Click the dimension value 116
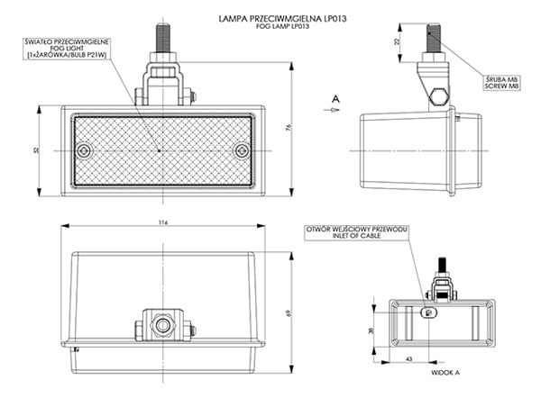point(162,222)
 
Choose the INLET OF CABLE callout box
point(359,234)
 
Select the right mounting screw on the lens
point(239,151)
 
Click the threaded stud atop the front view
point(162,41)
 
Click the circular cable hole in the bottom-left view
point(162,322)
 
